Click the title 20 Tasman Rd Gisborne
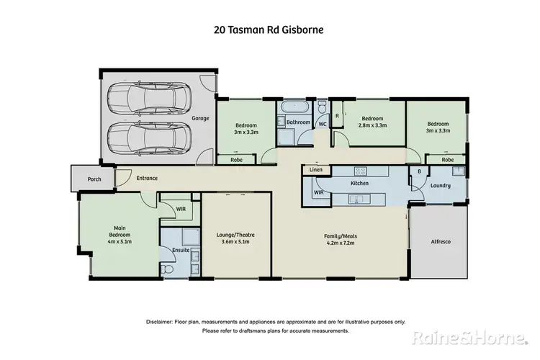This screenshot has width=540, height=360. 269,30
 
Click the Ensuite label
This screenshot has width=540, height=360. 180,250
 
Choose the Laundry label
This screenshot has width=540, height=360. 441,186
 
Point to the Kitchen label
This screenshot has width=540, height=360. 359,184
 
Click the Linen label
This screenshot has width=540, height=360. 316,170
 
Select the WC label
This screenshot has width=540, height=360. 323,124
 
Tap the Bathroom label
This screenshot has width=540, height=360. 297,122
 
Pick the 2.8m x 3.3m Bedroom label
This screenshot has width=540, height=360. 372,122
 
